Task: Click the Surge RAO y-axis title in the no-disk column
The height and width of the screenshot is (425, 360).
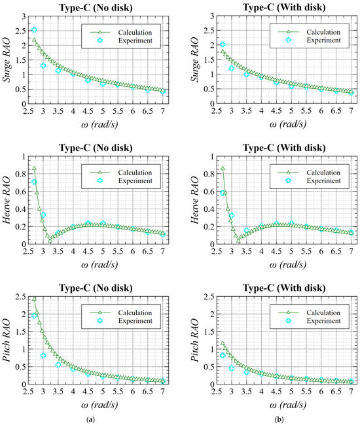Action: [x=8, y=59]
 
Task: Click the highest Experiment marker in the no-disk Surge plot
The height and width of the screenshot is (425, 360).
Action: [x=34, y=30]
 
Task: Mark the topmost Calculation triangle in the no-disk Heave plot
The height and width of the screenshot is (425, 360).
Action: [x=34, y=169]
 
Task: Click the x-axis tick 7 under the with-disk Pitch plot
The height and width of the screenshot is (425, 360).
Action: [x=351, y=393]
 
